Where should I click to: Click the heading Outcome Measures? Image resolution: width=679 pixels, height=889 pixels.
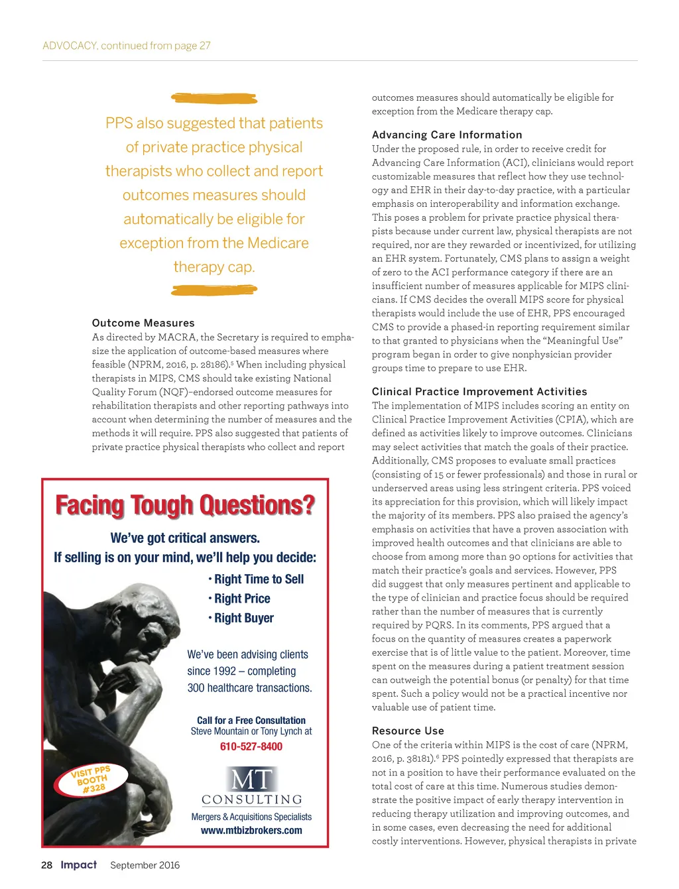pyautogui.click(x=143, y=323)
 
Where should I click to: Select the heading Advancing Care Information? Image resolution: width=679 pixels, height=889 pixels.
pyautogui.click(x=447, y=135)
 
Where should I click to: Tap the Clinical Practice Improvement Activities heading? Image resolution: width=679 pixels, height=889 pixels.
pyautogui.click(x=479, y=392)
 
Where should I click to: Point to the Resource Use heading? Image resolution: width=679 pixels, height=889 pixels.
pyautogui.click(x=408, y=731)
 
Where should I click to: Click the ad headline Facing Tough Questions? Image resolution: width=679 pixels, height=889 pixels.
pyautogui.click(x=185, y=505)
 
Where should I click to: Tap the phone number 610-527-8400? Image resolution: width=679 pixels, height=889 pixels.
pyautogui.click(x=251, y=746)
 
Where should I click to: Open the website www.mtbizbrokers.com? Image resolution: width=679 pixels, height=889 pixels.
pyautogui.click(x=251, y=830)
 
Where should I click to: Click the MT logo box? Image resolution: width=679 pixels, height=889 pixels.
pyautogui.click(x=251, y=779)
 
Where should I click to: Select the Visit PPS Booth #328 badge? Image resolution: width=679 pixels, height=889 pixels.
pyautogui.click(x=92, y=780)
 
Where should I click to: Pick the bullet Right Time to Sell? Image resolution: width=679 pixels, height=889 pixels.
pyautogui.click(x=258, y=579)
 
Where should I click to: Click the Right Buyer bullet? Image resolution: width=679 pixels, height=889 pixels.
pyautogui.click(x=243, y=618)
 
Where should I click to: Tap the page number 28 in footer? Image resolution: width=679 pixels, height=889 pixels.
pyautogui.click(x=46, y=865)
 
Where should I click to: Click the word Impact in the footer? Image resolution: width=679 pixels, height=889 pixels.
pyautogui.click(x=78, y=864)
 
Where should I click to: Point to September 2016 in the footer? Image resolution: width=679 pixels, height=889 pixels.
pyautogui.click(x=145, y=865)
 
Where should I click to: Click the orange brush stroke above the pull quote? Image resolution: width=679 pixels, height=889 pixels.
pyautogui.click(x=214, y=99)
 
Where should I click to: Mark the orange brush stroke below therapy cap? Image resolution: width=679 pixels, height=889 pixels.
pyautogui.click(x=214, y=290)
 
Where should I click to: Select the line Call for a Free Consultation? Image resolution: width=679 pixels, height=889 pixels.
pyautogui.click(x=251, y=720)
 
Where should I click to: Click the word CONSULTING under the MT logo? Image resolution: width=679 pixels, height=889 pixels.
pyautogui.click(x=251, y=800)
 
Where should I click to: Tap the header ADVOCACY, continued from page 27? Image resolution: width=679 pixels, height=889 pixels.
pyautogui.click(x=127, y=46)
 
